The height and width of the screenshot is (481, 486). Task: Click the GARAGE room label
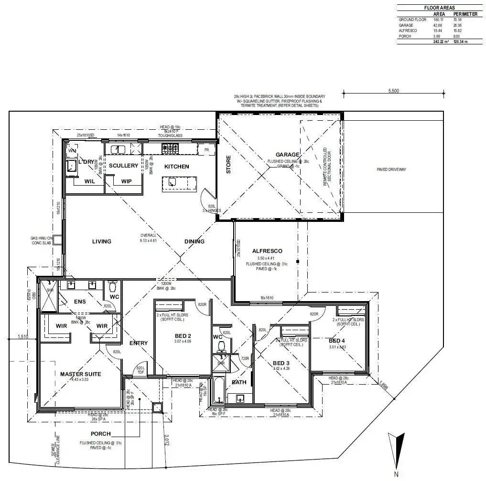click(287, 155)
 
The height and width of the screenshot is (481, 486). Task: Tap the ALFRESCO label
click(267, 251)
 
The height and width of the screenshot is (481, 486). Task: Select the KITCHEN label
click(177, 167)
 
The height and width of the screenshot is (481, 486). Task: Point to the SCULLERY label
click(123, 166)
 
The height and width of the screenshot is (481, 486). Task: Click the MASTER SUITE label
click(80, 374)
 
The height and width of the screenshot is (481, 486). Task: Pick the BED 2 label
click(183, 336)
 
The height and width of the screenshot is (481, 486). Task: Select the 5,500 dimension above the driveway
click(393, 91)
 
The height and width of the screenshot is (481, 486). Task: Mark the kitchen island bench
click(179, 183)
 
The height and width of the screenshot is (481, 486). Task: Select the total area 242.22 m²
click(439, 42)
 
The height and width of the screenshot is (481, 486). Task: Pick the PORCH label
click(100, 434)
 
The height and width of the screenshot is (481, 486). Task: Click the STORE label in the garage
click(228, 165)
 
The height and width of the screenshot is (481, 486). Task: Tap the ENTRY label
click(139, 343)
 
